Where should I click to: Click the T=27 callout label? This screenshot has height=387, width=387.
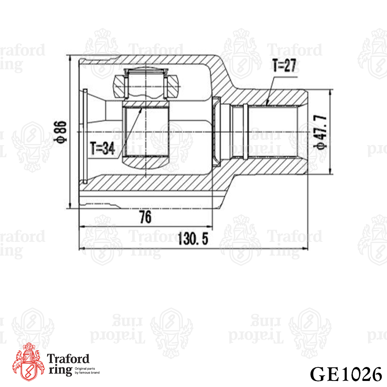coord(284,66)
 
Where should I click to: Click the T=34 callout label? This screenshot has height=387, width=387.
coord(102,148)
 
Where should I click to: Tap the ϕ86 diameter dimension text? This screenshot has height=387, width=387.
coord(60,132)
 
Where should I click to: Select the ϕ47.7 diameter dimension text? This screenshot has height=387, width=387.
coord(320,132)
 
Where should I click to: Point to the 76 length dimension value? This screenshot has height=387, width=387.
coord(145,217)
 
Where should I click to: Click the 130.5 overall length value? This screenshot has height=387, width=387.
coord(193,239)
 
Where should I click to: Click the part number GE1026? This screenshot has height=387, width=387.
coord(346,374)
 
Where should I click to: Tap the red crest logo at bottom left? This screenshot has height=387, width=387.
coord(28,362)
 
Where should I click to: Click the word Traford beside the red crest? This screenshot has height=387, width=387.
coord(68,359)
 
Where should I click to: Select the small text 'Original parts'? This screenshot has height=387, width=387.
coord(85,368)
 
